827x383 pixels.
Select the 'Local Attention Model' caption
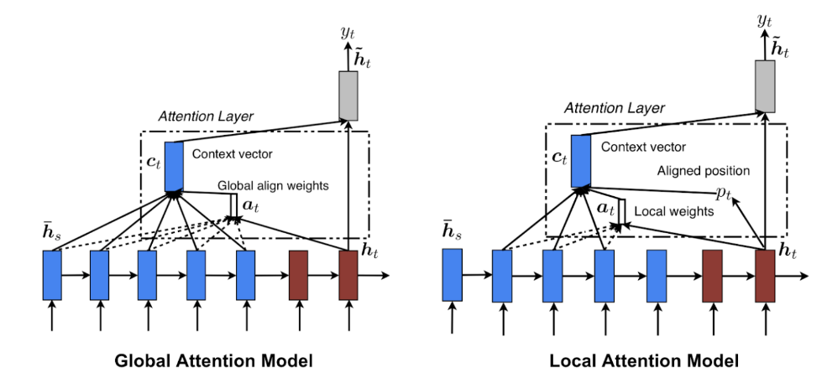tap(644, 361)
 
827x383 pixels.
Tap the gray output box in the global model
tap(348, 95)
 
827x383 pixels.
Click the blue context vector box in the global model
tap(174, 166)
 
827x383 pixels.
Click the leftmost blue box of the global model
tap(52, 274)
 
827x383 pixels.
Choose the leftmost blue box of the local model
tap(452, 274)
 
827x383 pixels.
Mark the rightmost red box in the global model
tap(348, 274)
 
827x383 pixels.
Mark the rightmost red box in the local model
tap(764, 274)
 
